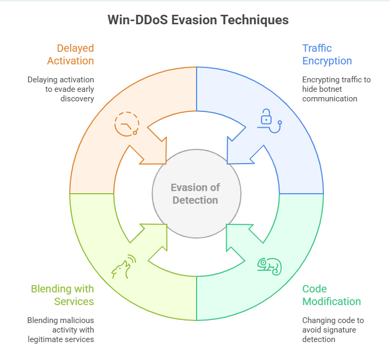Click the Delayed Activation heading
coord(70,54)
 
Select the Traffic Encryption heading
coord(327,54)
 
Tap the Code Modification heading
coord(331,295)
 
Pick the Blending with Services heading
coord(62,295)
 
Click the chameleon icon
coord(269,266)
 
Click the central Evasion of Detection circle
coord(196,194)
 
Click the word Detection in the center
coord(196,200)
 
